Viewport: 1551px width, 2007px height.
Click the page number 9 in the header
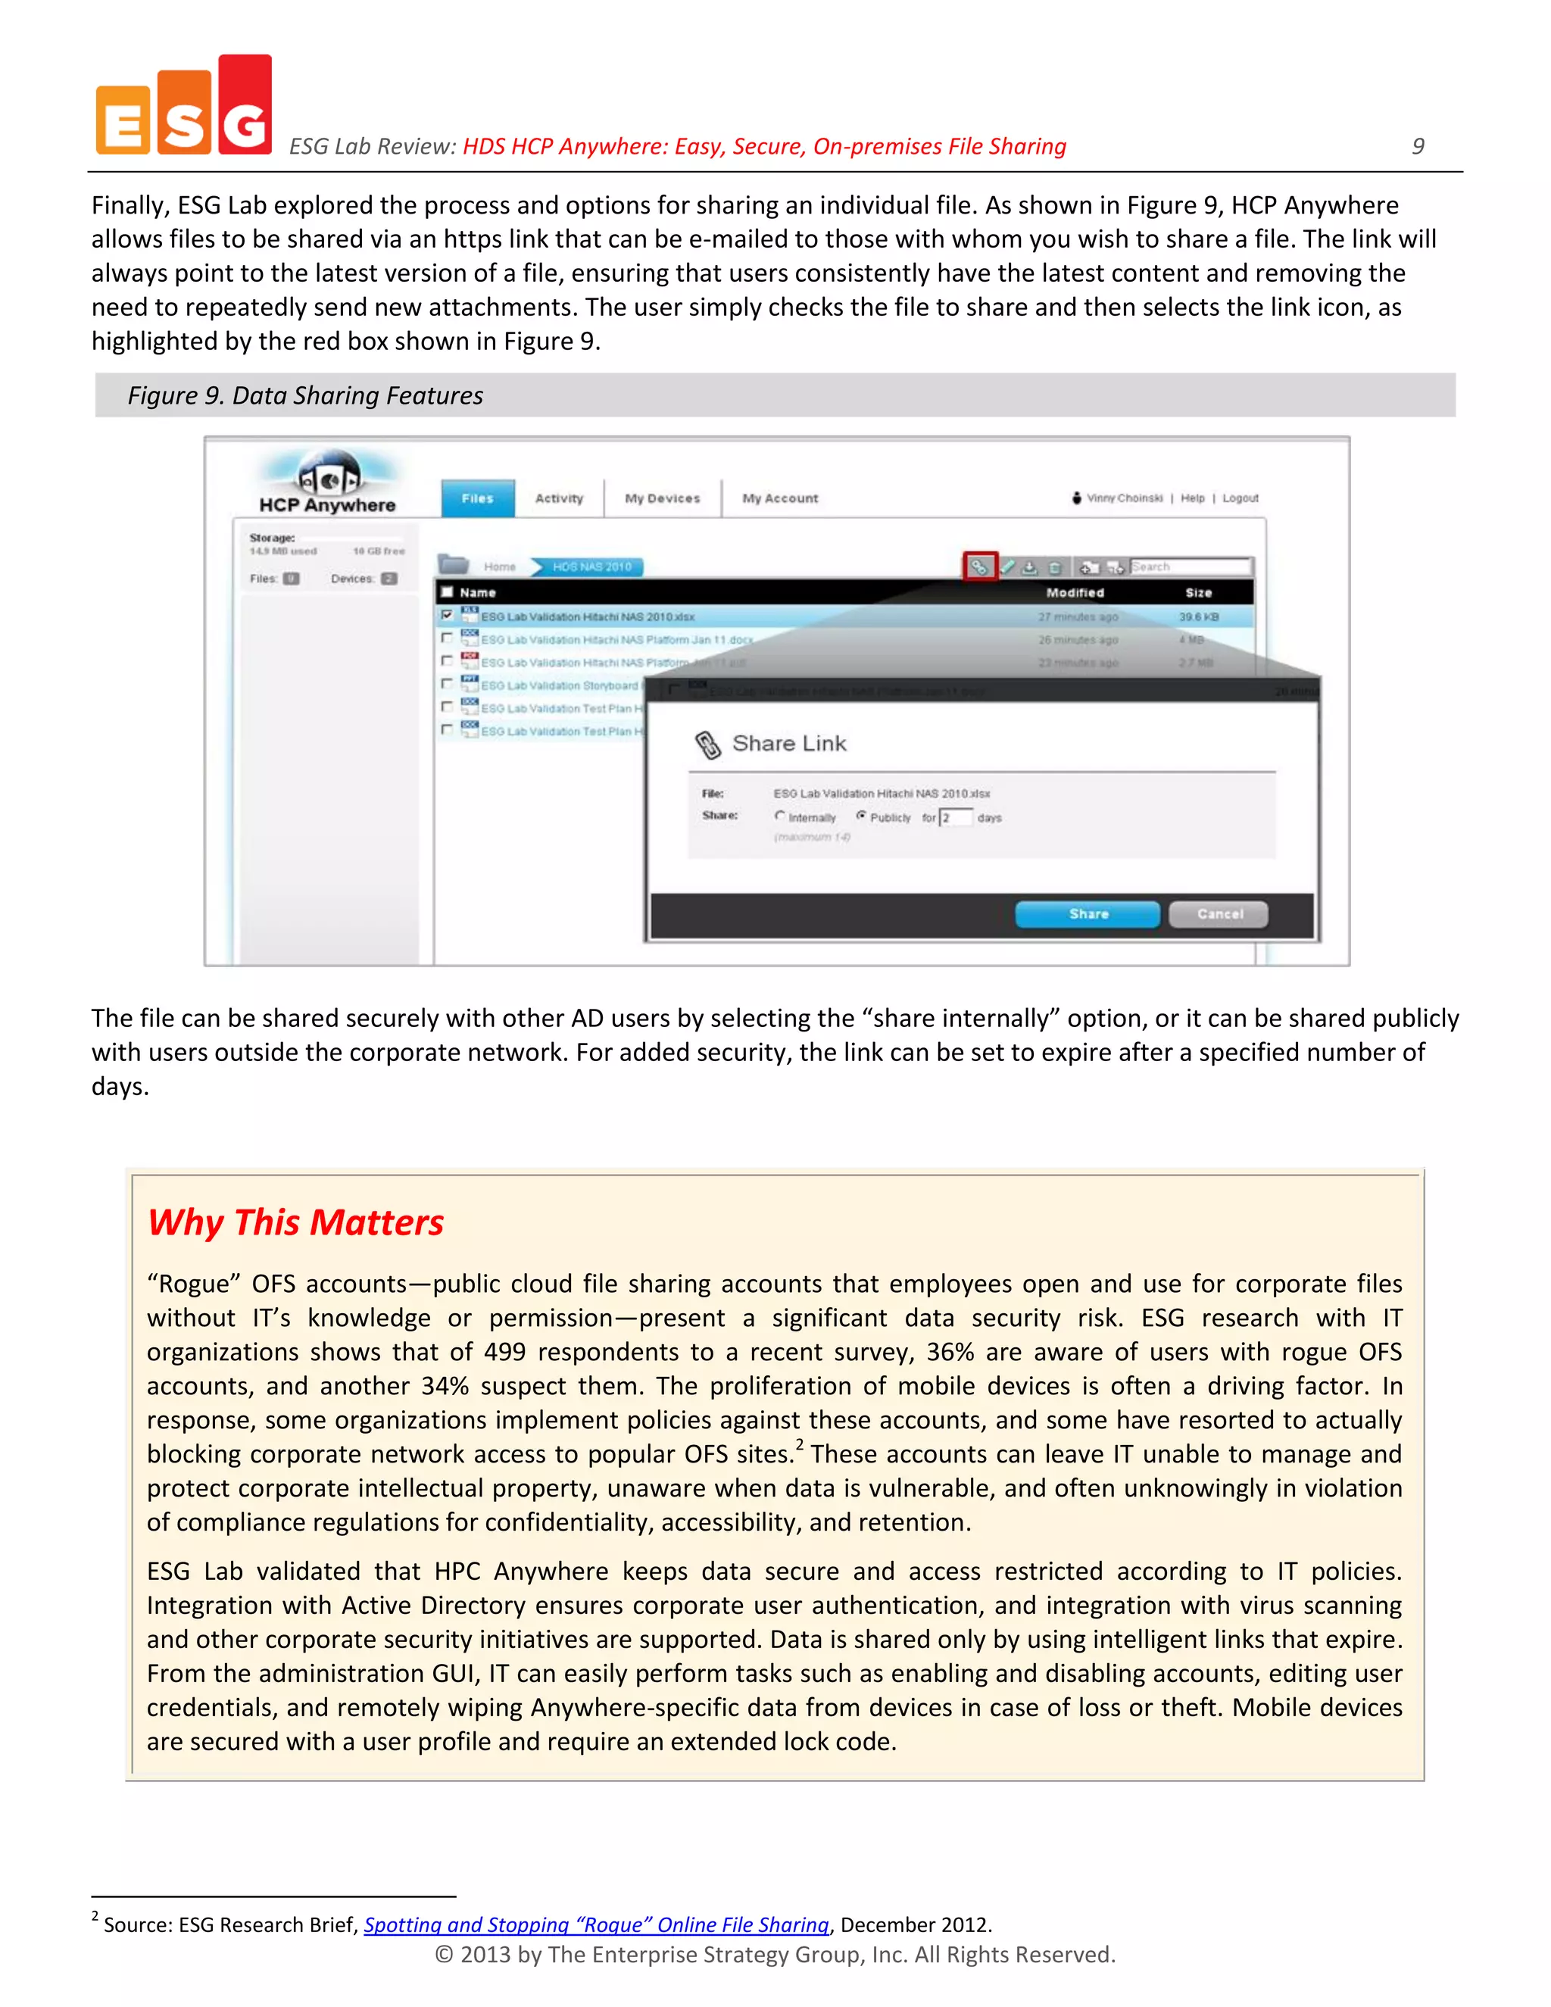(1418, 146)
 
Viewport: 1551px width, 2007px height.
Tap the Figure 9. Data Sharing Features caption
(305, 395)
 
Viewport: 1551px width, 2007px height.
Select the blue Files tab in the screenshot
(477, 498)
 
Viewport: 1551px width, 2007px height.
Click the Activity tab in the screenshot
(559, 498)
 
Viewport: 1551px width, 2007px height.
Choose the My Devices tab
(662, 498)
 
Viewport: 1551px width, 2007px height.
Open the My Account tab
(779, 498)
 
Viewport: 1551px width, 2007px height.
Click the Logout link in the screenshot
(1240, 498)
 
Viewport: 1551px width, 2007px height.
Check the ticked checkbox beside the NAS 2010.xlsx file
(447, 615)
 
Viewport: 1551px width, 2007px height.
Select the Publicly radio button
(861, 816)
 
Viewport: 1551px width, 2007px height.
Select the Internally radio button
(779, 816)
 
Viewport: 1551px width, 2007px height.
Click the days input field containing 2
(956, 817)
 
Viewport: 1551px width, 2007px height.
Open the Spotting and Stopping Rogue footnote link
(596, 1924)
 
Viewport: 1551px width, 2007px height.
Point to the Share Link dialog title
(788, 744)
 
